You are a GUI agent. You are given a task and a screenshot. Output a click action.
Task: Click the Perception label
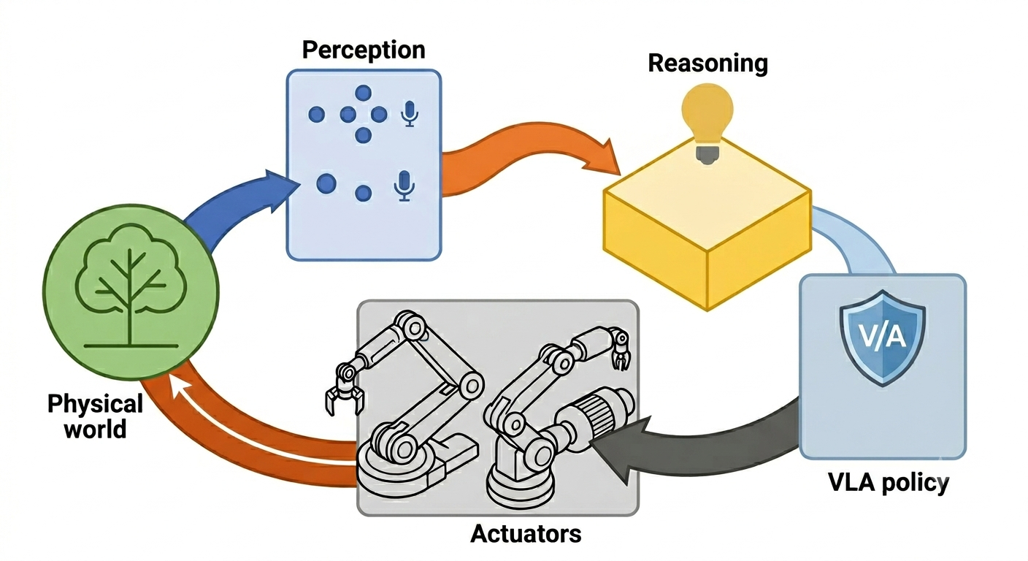364,51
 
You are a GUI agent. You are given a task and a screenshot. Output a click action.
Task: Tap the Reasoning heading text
707,64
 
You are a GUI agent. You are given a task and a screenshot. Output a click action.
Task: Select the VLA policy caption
889,484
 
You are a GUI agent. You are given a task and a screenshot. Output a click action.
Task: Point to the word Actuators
526,533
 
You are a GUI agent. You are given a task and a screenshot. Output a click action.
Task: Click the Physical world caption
95,416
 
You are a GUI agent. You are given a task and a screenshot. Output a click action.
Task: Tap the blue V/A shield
882,338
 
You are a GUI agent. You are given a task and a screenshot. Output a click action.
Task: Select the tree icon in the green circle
131,286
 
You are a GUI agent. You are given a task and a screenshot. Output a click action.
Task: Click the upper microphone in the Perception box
410,114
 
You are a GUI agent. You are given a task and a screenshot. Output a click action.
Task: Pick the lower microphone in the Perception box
404,186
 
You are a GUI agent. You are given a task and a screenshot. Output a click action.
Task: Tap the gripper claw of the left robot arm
345,392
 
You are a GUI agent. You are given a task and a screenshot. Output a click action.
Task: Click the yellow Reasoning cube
707,224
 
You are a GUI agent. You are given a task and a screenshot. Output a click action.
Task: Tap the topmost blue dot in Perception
364,93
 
